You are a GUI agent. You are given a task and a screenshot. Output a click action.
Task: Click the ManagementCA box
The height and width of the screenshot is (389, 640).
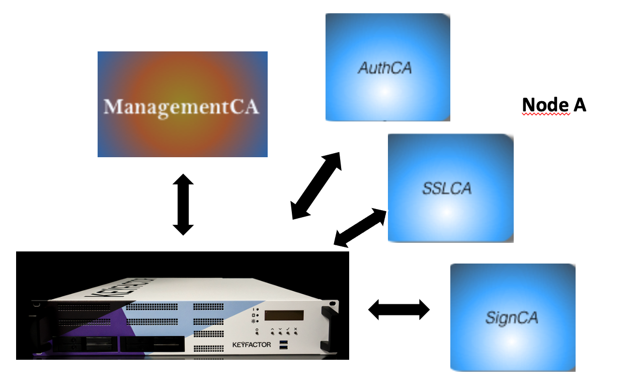coord(182,104)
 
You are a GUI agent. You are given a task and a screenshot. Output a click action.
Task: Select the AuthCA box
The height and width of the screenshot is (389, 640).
coord(387,67)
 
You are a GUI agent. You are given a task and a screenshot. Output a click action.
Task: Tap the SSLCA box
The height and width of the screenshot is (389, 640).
coord(450,188)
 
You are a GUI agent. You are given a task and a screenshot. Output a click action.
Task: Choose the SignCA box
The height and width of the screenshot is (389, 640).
coord(512,317)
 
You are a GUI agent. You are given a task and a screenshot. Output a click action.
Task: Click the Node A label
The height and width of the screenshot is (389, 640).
coord(554,105)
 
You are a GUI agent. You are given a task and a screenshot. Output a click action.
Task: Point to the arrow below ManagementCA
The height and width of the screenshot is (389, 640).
coord(183,205)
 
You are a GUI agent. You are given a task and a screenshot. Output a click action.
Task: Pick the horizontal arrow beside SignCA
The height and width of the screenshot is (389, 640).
coord(399,309)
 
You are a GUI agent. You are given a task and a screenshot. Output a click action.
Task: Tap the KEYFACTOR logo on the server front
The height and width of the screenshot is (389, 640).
coord(252,345)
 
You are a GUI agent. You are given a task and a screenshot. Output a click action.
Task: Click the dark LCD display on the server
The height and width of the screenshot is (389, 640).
coord(284,315)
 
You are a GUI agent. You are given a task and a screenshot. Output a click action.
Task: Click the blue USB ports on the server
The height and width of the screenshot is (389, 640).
coord(284,345)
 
